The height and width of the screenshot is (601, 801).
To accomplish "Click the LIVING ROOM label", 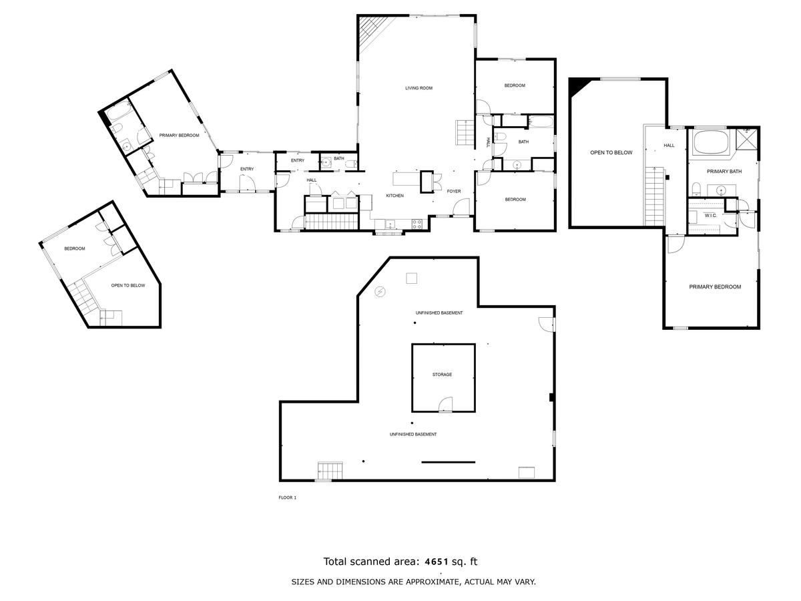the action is click(x=419, y=88).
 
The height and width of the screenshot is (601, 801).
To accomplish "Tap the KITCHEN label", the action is click(x=394, y=196).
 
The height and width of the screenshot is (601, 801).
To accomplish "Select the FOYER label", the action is click(x=454, y=191).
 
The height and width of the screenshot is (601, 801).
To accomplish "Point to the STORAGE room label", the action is click(x=442, y=375).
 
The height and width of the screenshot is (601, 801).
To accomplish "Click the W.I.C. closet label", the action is click(x=710, y=216).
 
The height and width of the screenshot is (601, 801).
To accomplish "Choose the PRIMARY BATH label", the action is click(x=724, y=172).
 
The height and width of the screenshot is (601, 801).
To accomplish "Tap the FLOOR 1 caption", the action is click(x=288, y=497).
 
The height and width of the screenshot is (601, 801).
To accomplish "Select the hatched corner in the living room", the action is click(x=372, y=31).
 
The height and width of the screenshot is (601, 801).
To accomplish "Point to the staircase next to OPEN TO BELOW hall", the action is click(x=655, y=196).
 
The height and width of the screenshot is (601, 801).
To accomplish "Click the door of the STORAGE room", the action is click(x=445, y=404).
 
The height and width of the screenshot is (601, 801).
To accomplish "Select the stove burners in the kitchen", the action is click(x=417, y=224).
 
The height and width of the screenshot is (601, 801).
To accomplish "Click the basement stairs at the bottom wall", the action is click(x=330, y=471).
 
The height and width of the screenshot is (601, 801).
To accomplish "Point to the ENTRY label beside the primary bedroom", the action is click(x=247, y=169).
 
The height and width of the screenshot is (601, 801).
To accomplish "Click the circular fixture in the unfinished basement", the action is click(x=380, y=292).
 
